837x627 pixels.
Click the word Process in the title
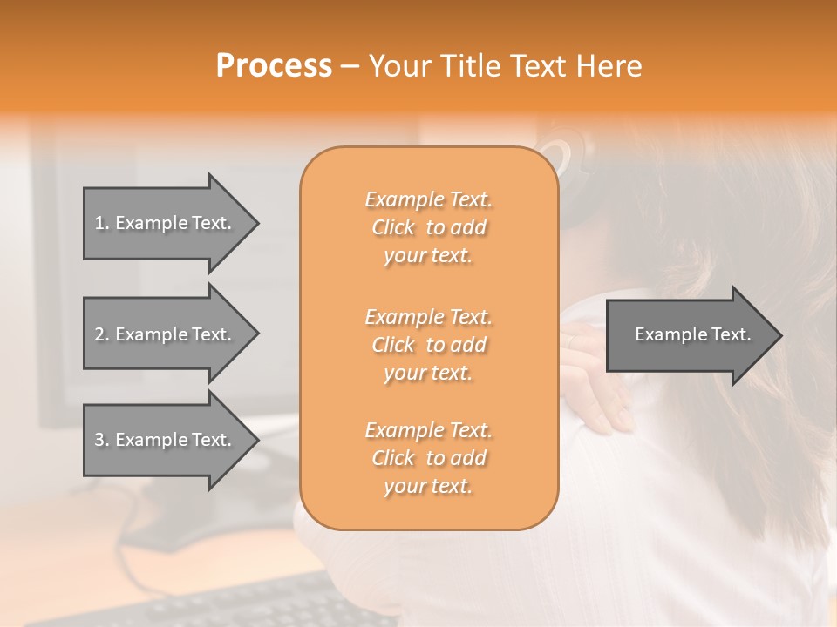274,66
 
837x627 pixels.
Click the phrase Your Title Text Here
505,66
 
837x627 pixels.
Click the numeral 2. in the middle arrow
101,334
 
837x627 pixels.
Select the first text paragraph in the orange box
428,227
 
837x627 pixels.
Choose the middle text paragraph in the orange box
428,344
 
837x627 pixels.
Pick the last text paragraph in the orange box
428,458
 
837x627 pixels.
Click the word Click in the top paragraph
393,228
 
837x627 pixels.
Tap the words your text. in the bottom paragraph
428,487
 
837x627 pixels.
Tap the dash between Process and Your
350,66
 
